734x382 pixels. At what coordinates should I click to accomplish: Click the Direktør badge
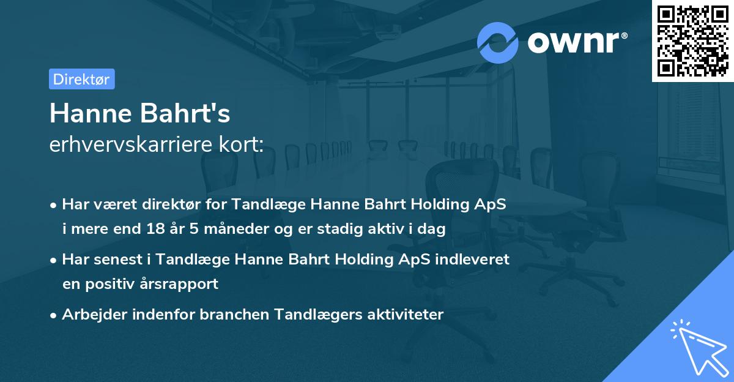coord(81,79)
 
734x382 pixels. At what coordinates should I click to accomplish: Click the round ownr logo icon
coord(498,42)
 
